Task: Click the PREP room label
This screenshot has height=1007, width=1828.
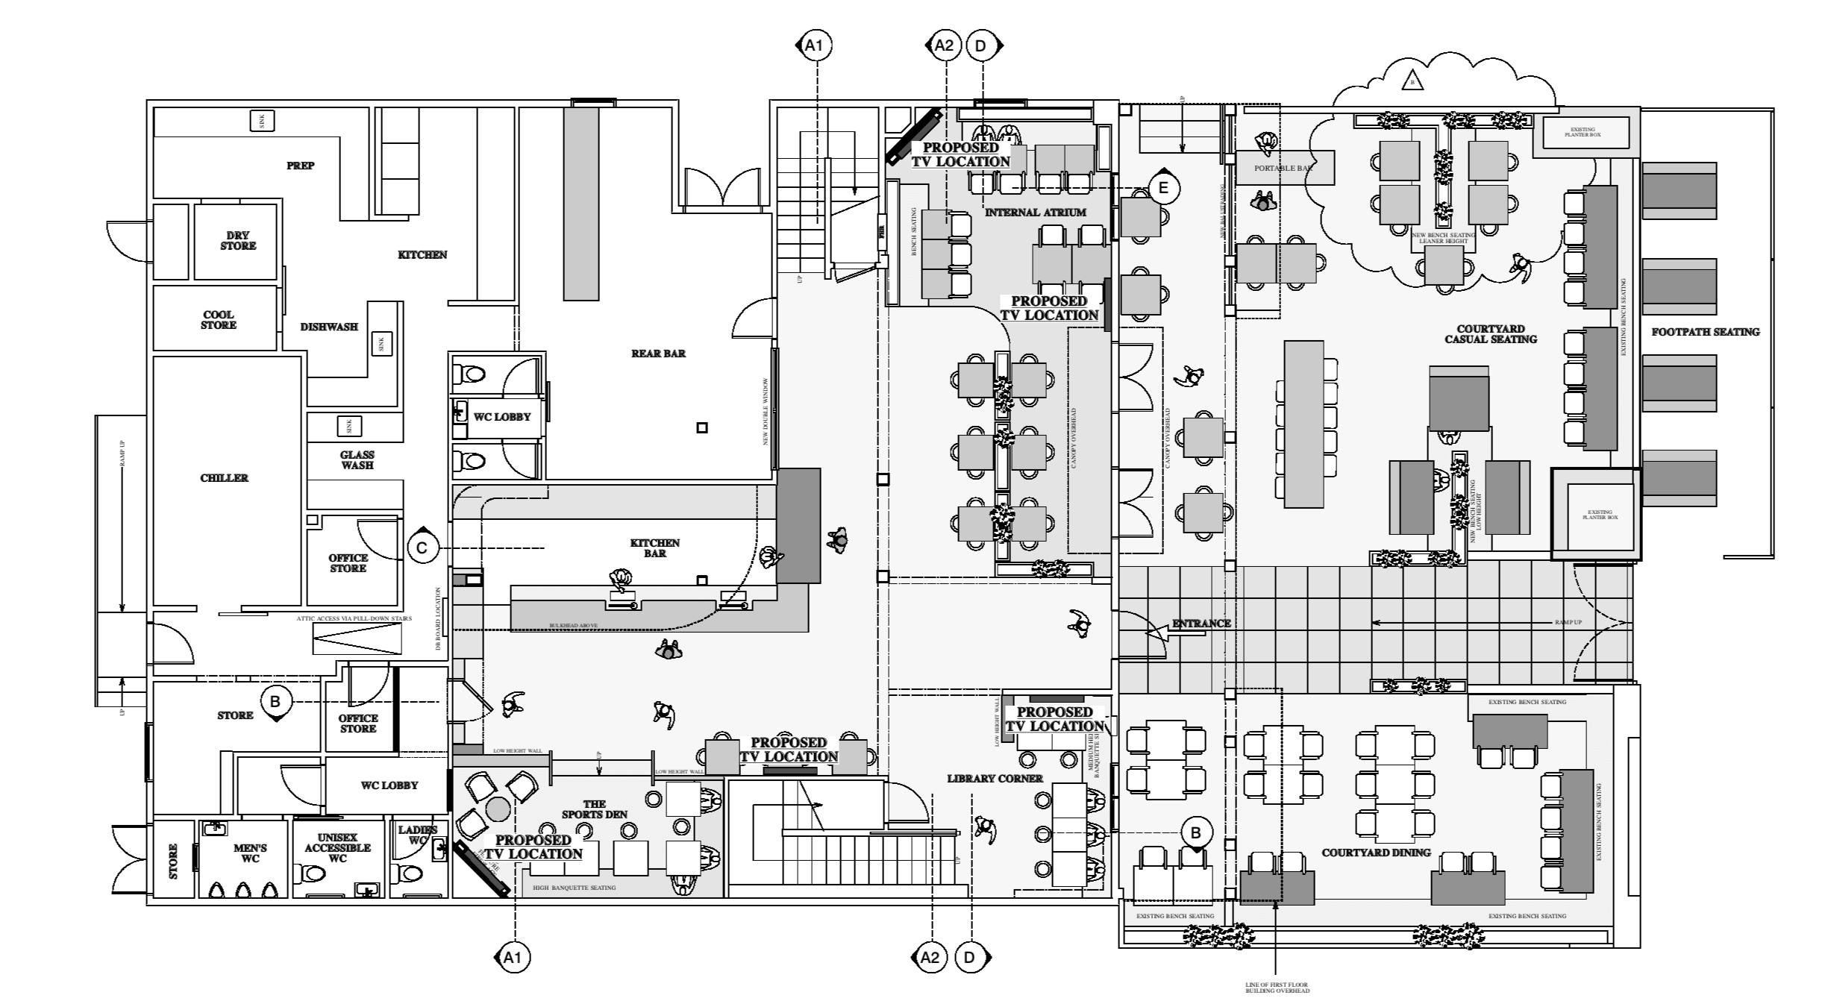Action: pos(300,166)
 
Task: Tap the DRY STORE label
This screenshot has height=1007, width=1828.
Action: pos(238,240)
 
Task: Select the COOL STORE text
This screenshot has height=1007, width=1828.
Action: pos(219,320)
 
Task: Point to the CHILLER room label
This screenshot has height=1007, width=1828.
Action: pos(224,478)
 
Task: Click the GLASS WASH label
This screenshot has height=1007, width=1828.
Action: pos(357,459)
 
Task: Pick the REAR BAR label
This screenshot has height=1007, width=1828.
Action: pos(658,354)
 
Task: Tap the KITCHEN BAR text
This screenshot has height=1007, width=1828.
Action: pos(655,548)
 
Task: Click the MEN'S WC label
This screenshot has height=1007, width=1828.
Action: pos(250,853)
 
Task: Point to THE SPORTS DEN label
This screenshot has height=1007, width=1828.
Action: pos(595,809)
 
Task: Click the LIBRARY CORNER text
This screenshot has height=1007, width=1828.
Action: pos(995,779)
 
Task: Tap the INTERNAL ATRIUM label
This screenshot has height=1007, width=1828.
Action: pos(1036,213)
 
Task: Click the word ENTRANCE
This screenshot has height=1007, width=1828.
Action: pos(1201,624)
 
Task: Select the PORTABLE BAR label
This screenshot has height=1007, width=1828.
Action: pos(1283,169)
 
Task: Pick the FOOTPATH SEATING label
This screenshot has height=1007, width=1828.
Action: pos(1706,332)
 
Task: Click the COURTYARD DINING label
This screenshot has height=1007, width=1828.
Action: pos(1376,853)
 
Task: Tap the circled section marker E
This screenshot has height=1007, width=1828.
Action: pos(1162,189)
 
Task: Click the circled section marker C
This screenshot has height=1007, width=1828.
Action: pos(422,549)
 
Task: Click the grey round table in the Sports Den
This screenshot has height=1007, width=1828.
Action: pos(498,809)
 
